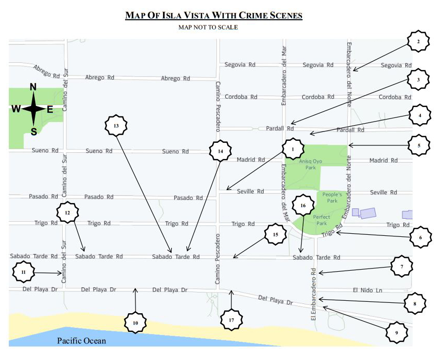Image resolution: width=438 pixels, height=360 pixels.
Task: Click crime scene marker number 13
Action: (116, 126)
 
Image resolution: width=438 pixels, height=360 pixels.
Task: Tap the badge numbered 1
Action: (293, 149)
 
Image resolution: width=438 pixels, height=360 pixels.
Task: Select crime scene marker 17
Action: (231, 320)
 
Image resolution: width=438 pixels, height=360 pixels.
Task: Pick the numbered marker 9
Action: (396, 332)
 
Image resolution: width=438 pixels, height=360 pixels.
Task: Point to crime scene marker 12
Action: (67, 212)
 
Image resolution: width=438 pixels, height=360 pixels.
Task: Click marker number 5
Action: (419, 145)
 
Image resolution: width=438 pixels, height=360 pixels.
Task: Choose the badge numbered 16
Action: (303, 206)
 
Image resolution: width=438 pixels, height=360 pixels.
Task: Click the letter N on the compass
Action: (33, 87)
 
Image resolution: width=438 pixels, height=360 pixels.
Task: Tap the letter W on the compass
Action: (16, 109)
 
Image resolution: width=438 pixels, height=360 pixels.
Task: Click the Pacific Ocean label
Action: (81, 341)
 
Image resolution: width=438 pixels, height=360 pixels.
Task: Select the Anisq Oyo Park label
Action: (310, 165)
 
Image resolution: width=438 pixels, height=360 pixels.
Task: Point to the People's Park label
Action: (332, 197)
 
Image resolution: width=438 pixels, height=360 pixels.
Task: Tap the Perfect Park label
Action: (322, 220)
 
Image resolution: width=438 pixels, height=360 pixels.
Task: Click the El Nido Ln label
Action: (367, 290)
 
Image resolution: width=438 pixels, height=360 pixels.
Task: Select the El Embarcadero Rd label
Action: (313, 294)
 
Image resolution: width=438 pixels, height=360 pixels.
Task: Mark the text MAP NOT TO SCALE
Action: (208, 27)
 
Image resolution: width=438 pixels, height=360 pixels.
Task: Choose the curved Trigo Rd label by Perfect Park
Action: (332, 231)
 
